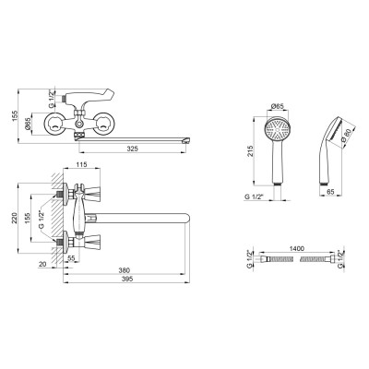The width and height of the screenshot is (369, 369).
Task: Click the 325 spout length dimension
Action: click(x=133, y=149)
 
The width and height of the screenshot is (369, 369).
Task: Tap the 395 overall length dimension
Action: click(x=127, y=279)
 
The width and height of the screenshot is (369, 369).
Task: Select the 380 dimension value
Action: click(x=125, y=270)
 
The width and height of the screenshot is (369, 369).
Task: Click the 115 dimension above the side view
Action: click(x=81, y=164)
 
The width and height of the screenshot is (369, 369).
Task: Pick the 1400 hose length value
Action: click(x=297, y=248)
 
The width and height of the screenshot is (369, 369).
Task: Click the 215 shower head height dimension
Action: click(x=251, y=151)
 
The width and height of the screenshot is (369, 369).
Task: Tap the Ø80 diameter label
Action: click(x=348, y=135)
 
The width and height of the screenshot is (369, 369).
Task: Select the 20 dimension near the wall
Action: click(x=42, y=264)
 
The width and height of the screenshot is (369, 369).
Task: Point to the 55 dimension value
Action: click(x=71, y=258)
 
